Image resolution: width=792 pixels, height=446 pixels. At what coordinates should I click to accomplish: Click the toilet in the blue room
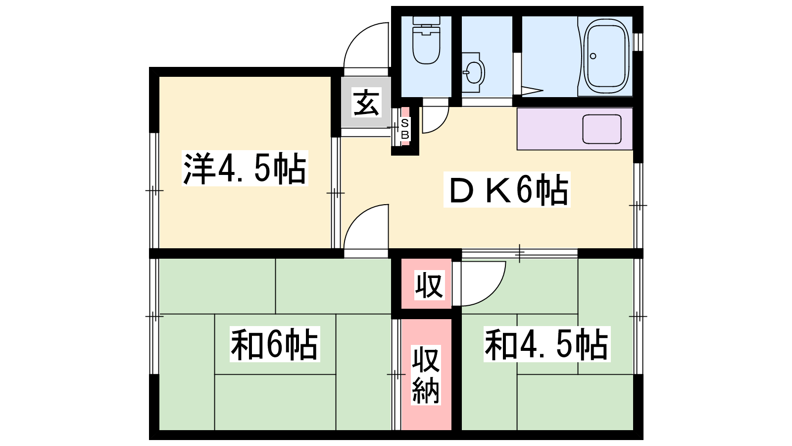coord(426,40)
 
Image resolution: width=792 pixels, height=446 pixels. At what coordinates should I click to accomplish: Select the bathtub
coord(606,56)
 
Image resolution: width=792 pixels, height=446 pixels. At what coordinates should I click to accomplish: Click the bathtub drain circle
coord(593,56)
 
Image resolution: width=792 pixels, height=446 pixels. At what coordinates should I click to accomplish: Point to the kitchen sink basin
coord(602,129)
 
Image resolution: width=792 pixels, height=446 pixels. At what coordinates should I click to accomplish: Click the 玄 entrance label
coord(366,102)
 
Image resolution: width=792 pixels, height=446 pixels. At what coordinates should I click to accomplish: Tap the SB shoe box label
coord(405,129)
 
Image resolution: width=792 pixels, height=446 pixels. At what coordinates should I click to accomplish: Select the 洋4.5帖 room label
coord(245,168)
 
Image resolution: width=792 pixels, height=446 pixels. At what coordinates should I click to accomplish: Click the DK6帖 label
coord(507,189)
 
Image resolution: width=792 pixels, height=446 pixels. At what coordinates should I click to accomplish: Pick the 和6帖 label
coord(275,344)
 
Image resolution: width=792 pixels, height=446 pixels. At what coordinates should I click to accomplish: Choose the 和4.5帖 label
coord(547,344)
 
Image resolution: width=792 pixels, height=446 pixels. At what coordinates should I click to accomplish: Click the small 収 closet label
coord(429,285)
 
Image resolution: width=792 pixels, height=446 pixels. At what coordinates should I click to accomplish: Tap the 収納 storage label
coord(426,376)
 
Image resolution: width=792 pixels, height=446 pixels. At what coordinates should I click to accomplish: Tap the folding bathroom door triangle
coord(532,91)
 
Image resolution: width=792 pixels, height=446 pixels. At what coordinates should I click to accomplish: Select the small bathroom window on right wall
coord(638,42)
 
